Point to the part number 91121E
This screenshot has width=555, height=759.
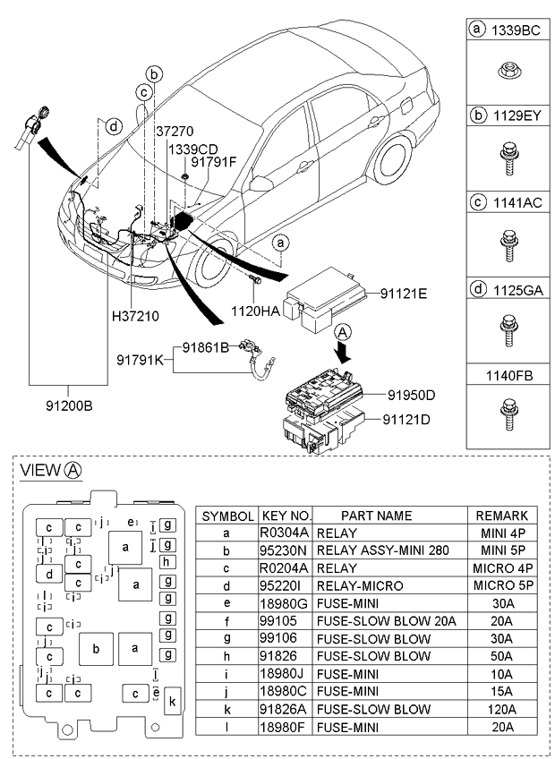point(404,294)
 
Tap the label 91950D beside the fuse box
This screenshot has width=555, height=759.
point(411,395)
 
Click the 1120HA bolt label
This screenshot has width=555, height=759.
point(255,311)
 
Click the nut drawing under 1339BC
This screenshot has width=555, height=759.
point(506,69)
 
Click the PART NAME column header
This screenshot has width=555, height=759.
point(363,516)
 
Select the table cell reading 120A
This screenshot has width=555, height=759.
point(501,709)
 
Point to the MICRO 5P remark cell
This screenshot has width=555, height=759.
point(501,584)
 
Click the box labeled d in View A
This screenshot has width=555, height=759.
point(50,574)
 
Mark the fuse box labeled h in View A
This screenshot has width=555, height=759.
point(166,562)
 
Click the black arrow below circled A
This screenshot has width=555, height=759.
point(344,354)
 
